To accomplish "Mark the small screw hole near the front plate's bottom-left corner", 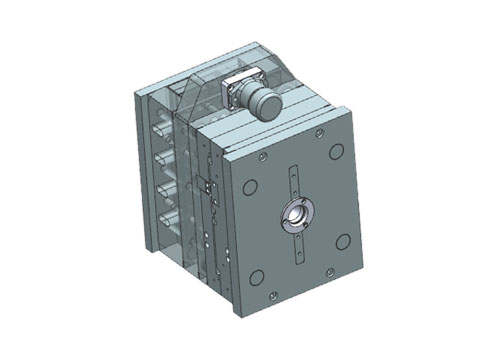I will (272, 295).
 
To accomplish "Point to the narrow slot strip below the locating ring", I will (297, 245).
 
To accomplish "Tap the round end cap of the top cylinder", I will (265, 104).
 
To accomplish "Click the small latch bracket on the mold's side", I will (205, 185).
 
